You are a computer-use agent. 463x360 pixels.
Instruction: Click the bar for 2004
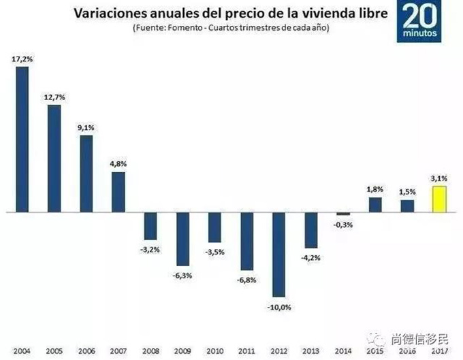click(x=22, y=140)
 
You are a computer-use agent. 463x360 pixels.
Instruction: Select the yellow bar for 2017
click(x=440, y=199)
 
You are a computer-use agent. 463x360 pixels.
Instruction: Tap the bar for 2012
click(x=279, y=255)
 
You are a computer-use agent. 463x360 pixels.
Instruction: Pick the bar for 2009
click(x=182, y=239)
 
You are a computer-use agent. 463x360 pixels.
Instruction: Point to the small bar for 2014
click(x=343, y=214)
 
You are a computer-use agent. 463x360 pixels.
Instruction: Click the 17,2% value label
click(x=22, y=60)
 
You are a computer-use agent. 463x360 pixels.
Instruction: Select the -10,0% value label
click(x=279, y=306)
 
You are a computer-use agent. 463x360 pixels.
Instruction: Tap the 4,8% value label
click(x=118, y=164)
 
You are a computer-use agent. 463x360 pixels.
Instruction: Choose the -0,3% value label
click(x=343, y=225)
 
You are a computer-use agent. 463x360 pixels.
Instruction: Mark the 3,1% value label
click(x=440, y=178)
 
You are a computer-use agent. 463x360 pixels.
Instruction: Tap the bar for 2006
click(x=86, y=174)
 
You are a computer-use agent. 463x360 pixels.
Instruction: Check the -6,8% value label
click(x=247, y=278)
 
